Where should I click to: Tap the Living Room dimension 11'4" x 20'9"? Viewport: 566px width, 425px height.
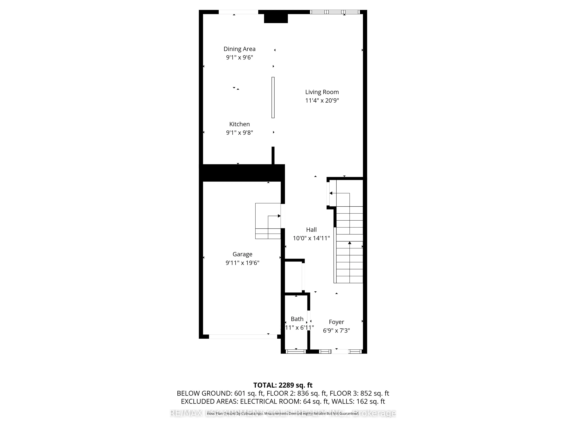tap(322, 100)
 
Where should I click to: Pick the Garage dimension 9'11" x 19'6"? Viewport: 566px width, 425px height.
tap(242, 263)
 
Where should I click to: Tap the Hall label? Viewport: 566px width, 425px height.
tap(311, 230)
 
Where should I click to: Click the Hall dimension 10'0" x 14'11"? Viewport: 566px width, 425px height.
tap(311, 238)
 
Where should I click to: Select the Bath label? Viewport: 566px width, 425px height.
tap(297, 319)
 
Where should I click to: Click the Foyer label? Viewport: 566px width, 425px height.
tap(336, 322)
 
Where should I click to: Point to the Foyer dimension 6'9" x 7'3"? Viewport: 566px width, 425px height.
tap(336, 331)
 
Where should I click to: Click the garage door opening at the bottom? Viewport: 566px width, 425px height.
tap(243, 337)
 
